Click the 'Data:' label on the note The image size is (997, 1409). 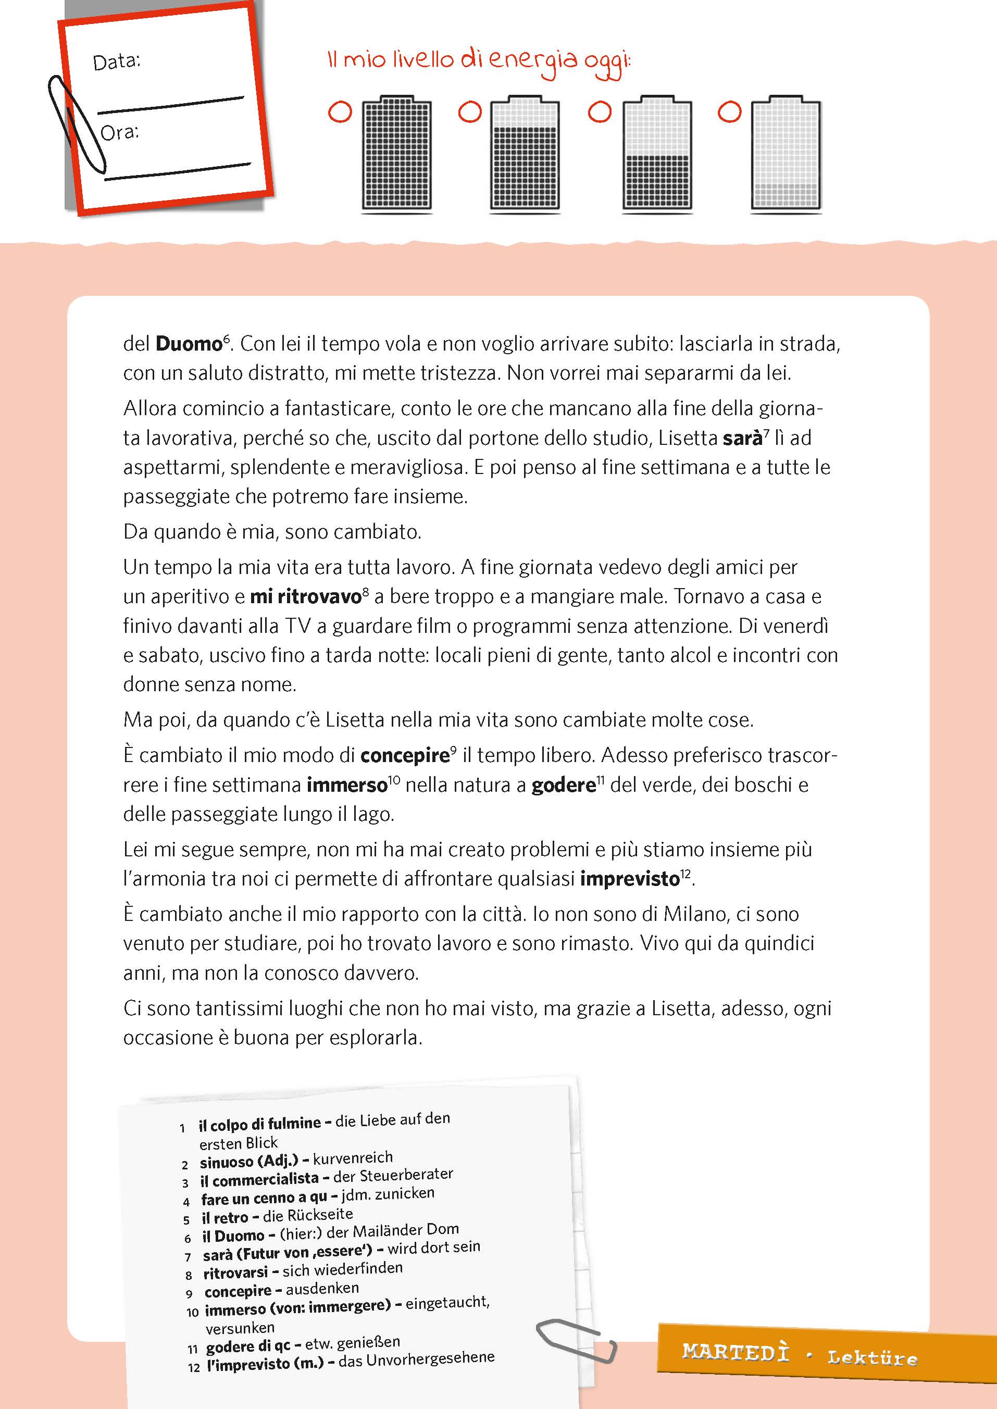[116, 61]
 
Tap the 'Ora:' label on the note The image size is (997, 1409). [119, 132]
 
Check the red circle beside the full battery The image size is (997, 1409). [340, 112]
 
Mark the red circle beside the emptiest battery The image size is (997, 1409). [729, 112]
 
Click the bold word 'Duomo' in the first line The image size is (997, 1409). [189, 344]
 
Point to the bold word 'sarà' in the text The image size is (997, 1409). [742, 439]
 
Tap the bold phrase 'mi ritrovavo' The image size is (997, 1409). [305, 596]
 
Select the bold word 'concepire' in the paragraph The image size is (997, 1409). [405, 756]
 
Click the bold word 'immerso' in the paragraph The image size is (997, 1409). [347, 785]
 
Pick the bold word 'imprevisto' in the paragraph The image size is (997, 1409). [629, 879]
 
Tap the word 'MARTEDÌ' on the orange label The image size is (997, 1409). [735, 1351]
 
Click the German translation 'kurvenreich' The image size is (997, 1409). [353, 1158]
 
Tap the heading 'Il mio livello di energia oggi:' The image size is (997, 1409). [479, 61]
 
